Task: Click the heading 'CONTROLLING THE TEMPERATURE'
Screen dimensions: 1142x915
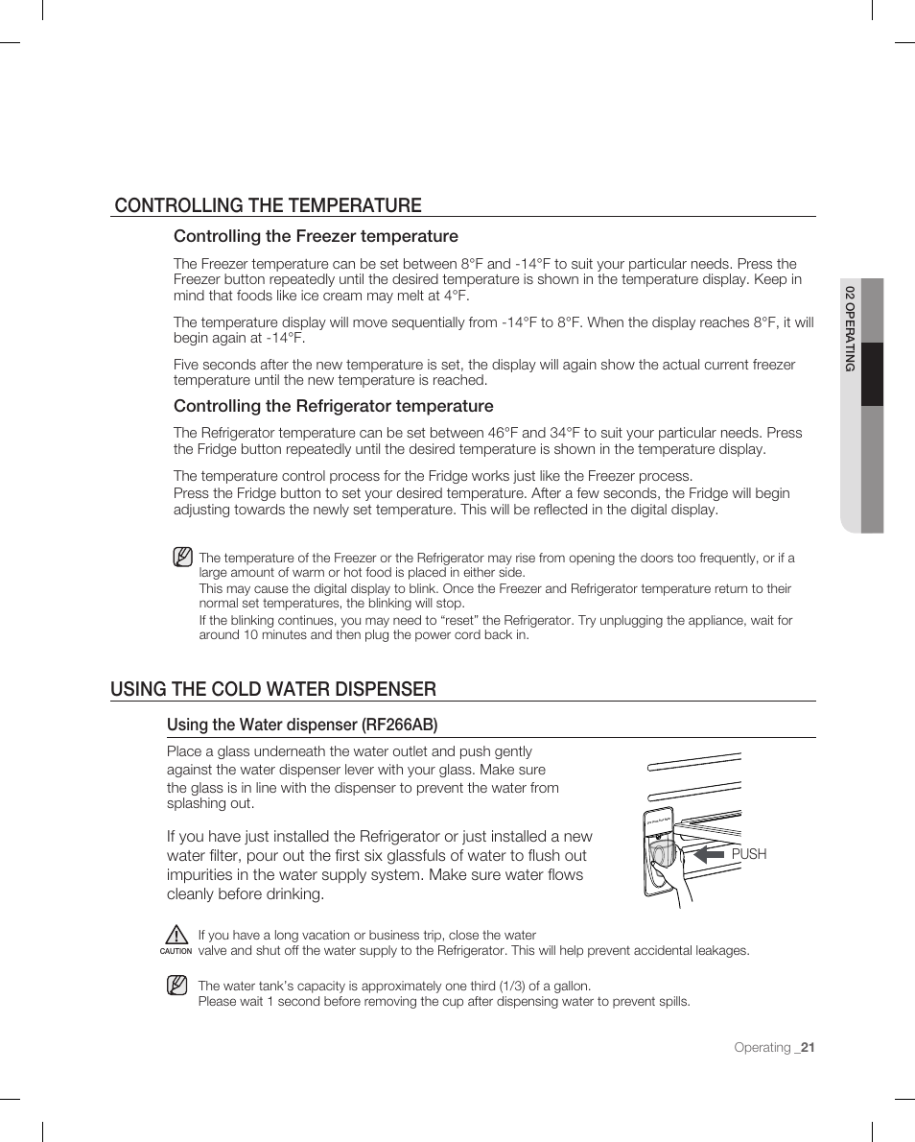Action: (268, 204)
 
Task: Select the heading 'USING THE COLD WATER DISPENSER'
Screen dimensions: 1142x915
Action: (273, 688)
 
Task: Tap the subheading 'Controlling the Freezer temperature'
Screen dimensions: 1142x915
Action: (316, 236)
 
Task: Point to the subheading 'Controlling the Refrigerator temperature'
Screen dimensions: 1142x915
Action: (333, 406)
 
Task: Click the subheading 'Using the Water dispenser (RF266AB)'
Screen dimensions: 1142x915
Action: (302, 724)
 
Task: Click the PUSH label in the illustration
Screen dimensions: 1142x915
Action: (749, 854)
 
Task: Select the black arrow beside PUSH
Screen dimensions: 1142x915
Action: (709, 853)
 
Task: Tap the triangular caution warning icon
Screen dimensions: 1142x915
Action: (176, 934)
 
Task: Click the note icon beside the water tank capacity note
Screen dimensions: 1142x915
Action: (176, 986)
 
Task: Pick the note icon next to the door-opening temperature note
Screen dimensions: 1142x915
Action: (182, 557)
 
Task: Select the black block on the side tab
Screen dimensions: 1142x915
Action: (872, 374)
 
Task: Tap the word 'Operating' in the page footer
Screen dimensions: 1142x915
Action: (762, 1047)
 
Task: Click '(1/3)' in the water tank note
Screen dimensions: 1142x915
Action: (505, 986)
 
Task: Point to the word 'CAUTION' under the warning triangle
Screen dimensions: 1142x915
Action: (176, 951)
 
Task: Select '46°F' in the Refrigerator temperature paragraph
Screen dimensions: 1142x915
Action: (535, 433)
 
